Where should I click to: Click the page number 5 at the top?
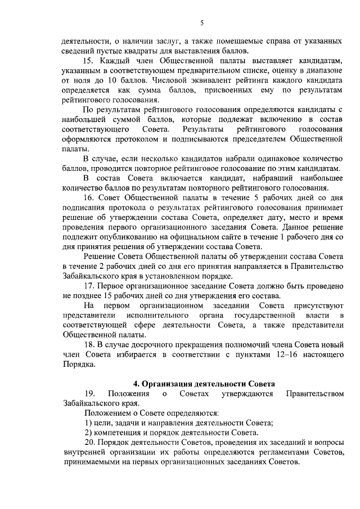pos(201,22)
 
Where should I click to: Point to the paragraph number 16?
pos(88,197)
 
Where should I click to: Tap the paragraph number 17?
pos(88,285)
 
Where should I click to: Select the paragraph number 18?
pos(88,344)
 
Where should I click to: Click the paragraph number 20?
pos(88,442)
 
